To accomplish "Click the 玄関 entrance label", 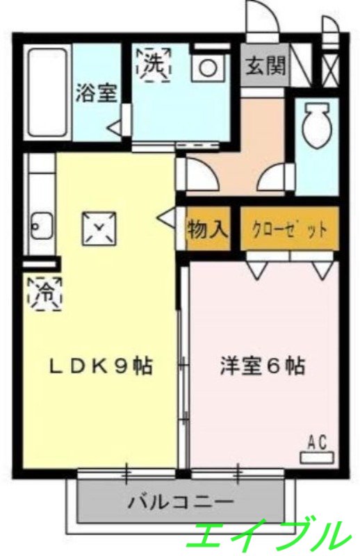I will (x=265, y=66).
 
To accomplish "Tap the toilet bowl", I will (x=316, y=128).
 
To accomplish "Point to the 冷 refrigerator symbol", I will (x=44, y=291).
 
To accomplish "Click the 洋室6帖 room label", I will (x=262, y=366).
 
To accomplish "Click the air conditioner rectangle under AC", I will (x=316, y=457).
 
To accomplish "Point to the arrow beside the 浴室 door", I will (x=113, y=128).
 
